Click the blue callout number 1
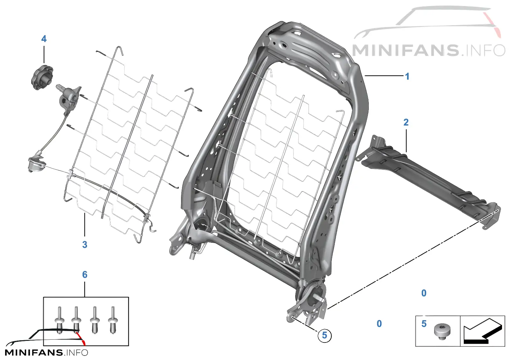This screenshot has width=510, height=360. pos(407,76)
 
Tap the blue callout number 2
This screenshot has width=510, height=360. pos(406,122)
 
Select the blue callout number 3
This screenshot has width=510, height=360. pos(85,245)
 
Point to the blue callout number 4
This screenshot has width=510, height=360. pos(44,39)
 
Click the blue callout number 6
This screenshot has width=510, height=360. pos(85,275)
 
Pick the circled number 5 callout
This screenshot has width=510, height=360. pos(325,336)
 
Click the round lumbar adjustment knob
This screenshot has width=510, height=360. pos(42,77)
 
